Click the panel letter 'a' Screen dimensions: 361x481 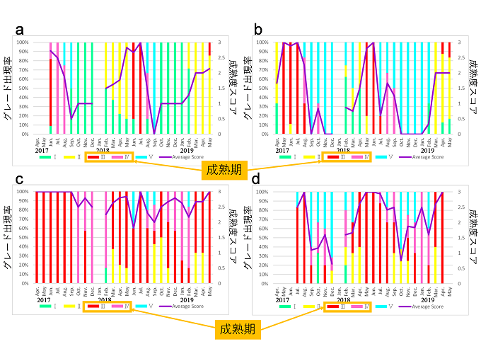click(x=21, y=30)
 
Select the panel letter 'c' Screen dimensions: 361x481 click(x=21, y=180)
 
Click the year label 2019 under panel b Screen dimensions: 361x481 click(x=427, y=150)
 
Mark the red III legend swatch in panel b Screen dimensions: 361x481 click(x=330, y=156)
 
